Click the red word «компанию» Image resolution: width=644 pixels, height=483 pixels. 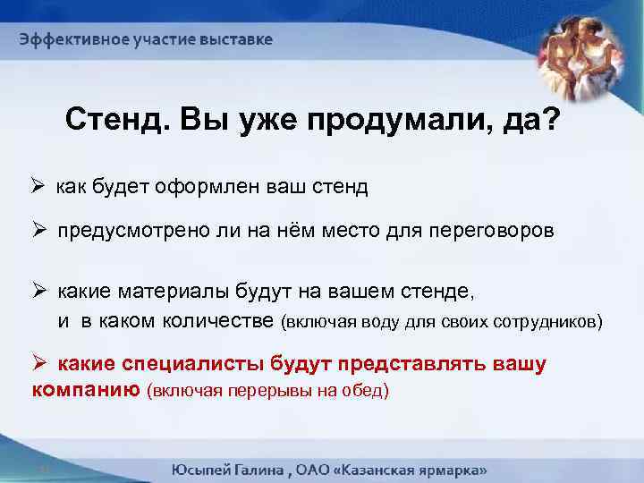pyautogui.click(x=85, y=390)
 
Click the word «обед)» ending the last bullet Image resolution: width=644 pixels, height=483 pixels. pyautogui.click(x=368, y=391)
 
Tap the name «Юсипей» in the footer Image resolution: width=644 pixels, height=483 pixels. pyautogui.click(x=203, y=470)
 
